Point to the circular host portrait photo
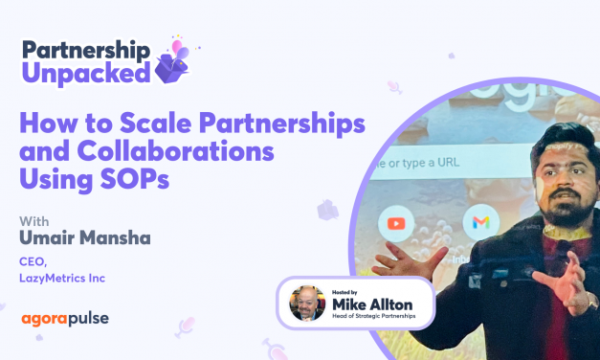[x=306, y=302]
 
